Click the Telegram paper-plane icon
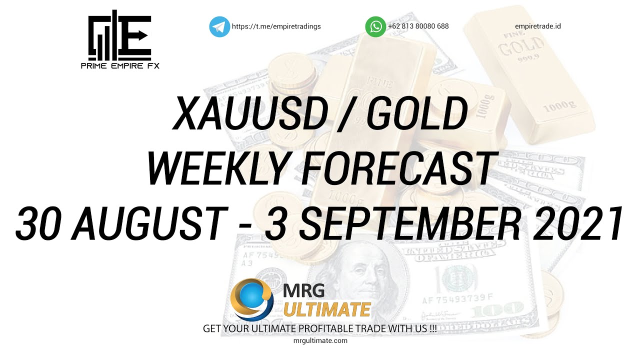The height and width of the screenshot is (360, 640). coord(219,26)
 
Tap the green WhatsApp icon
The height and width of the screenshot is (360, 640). coord(375,26)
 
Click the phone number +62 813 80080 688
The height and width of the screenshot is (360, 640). coord(418,26)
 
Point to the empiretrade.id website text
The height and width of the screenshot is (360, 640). coord(537,26)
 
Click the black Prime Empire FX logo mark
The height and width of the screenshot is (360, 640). coord(119,36)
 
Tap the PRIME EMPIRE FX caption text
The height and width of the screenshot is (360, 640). coord(120,65)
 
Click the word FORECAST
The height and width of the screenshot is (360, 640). coord(397,169)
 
